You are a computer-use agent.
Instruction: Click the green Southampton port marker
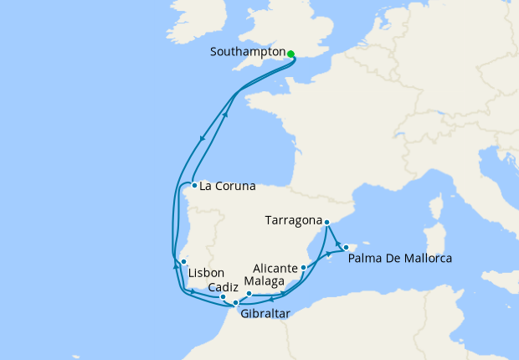pos(290,54)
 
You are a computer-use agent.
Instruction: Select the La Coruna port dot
pos(193,186)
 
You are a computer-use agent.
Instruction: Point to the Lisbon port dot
pos(183,263)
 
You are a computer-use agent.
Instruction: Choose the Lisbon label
pos(206,274)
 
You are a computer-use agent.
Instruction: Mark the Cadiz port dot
pos(223,297)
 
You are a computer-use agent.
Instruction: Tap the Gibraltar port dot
pos(236,302)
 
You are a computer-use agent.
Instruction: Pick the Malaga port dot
pos(249,294)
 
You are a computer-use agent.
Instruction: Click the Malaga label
pos(265,281)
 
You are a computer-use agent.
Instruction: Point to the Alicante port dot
pos(303,268)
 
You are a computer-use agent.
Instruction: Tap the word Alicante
pos(275,268)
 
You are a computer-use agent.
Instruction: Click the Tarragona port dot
pos(327,222)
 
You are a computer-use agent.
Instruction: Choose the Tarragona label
pos(293,221)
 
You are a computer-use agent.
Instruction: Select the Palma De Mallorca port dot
pos(346,247)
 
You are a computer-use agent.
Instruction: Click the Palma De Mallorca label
pos(399,258)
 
